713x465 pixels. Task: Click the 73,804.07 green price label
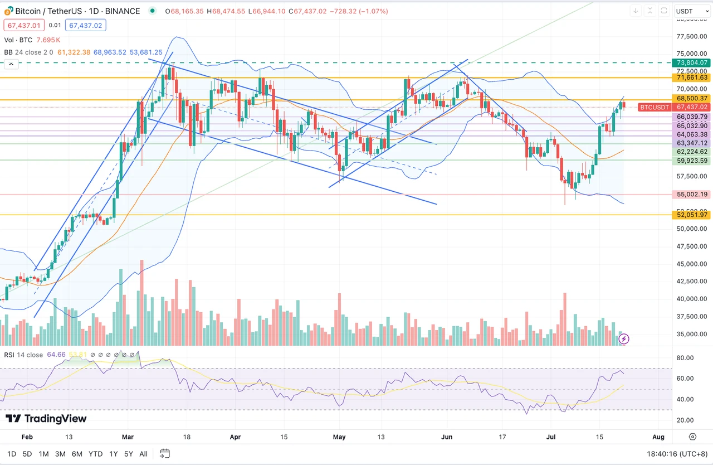(692, 63)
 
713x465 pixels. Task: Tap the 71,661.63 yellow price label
(692, 77)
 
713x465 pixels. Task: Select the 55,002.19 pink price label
(692, 195)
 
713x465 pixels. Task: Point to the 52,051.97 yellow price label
(692, 215)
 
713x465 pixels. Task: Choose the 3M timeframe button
(61, 454)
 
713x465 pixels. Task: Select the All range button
(143, 454)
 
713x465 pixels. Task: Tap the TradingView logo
(46, 419)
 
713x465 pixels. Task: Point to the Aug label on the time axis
(658, 437)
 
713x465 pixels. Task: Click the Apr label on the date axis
(235, 437)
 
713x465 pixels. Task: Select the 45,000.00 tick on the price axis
(691, 264)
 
